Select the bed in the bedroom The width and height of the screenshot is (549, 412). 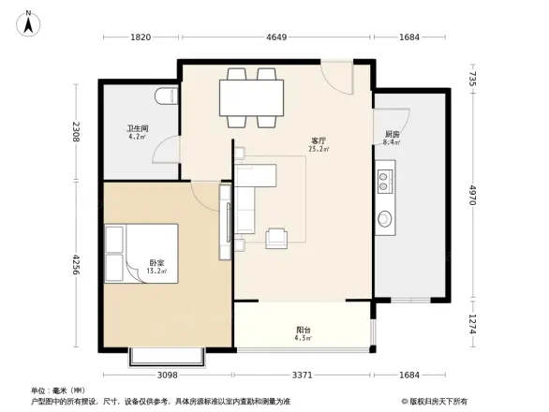tap(141, 252)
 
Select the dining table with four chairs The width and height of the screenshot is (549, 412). tap(251, 96)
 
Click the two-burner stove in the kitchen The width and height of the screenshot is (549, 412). tap(385, 180)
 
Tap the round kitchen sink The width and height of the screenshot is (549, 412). tap(386, 220)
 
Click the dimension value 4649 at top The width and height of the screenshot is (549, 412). tap(277, 37)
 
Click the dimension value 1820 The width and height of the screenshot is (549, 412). tap(141, 37)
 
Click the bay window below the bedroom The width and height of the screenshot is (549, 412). tap(165, 356)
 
